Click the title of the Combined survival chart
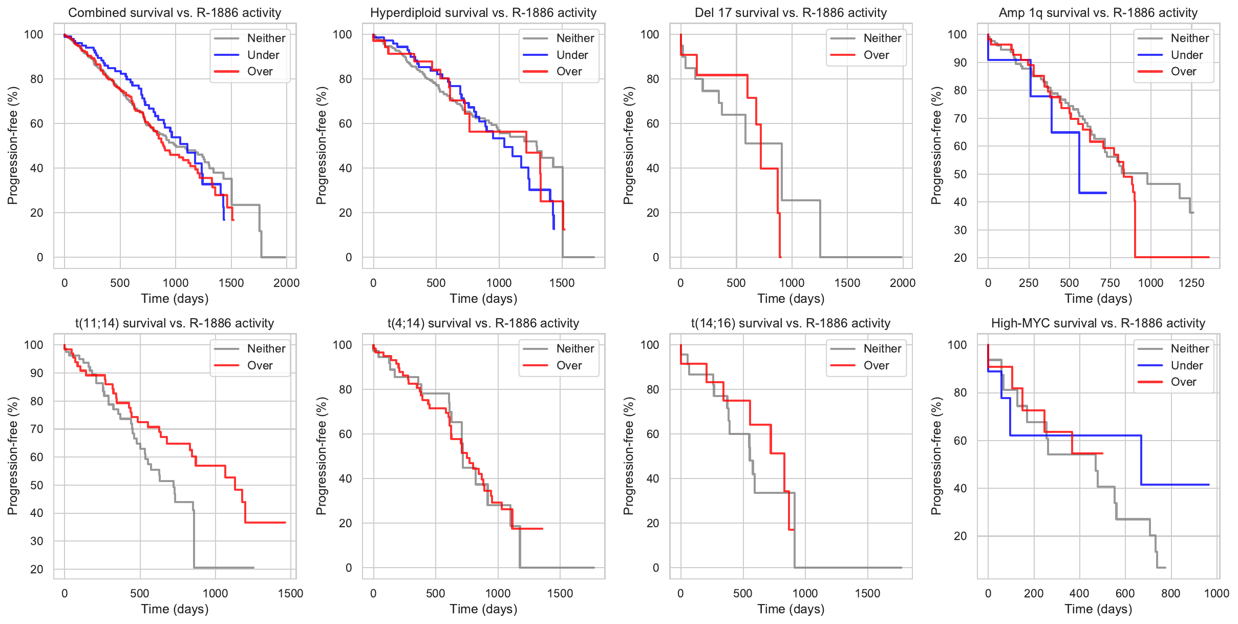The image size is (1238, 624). (x=175, y=13)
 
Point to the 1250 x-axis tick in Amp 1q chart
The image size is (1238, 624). (x=1191, y=283)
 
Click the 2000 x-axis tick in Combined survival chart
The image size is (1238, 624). (x=286, y=283)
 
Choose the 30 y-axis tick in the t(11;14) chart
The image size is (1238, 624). (x=37, y=541)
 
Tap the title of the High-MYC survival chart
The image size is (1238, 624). (x=1098, y=323)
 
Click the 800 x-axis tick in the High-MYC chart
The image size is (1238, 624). (x=1170, y=593)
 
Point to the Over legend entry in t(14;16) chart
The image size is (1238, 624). (x=876, y=365)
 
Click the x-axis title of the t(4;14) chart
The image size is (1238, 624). (x=483, y=609)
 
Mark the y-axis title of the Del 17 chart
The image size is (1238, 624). (x=628, y=145)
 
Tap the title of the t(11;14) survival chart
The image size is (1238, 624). (x=175, y=323)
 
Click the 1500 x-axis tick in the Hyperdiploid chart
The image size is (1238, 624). (x=562, y=283)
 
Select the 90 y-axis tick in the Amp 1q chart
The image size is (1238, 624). (x=960, y=63)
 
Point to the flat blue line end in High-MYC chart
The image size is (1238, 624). (x=1207, y=485)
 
